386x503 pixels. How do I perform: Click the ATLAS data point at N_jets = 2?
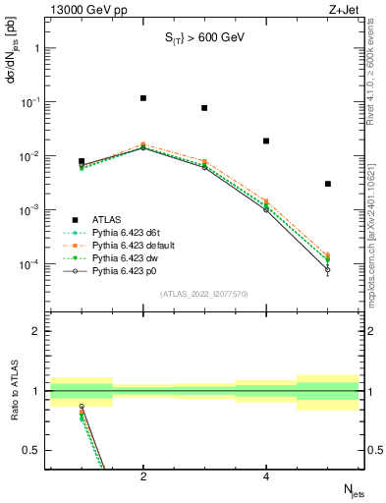tap(143, 98)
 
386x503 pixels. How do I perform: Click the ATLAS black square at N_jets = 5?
tap(328, 184)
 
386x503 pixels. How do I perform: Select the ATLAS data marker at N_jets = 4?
tap(266, 140)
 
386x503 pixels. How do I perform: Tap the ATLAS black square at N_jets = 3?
tap(204, 108)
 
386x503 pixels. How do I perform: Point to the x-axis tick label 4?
tap(266, 477)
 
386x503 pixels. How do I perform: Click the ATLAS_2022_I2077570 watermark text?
tap(204, 293)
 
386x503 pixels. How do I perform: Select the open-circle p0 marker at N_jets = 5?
tap(328, 269)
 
